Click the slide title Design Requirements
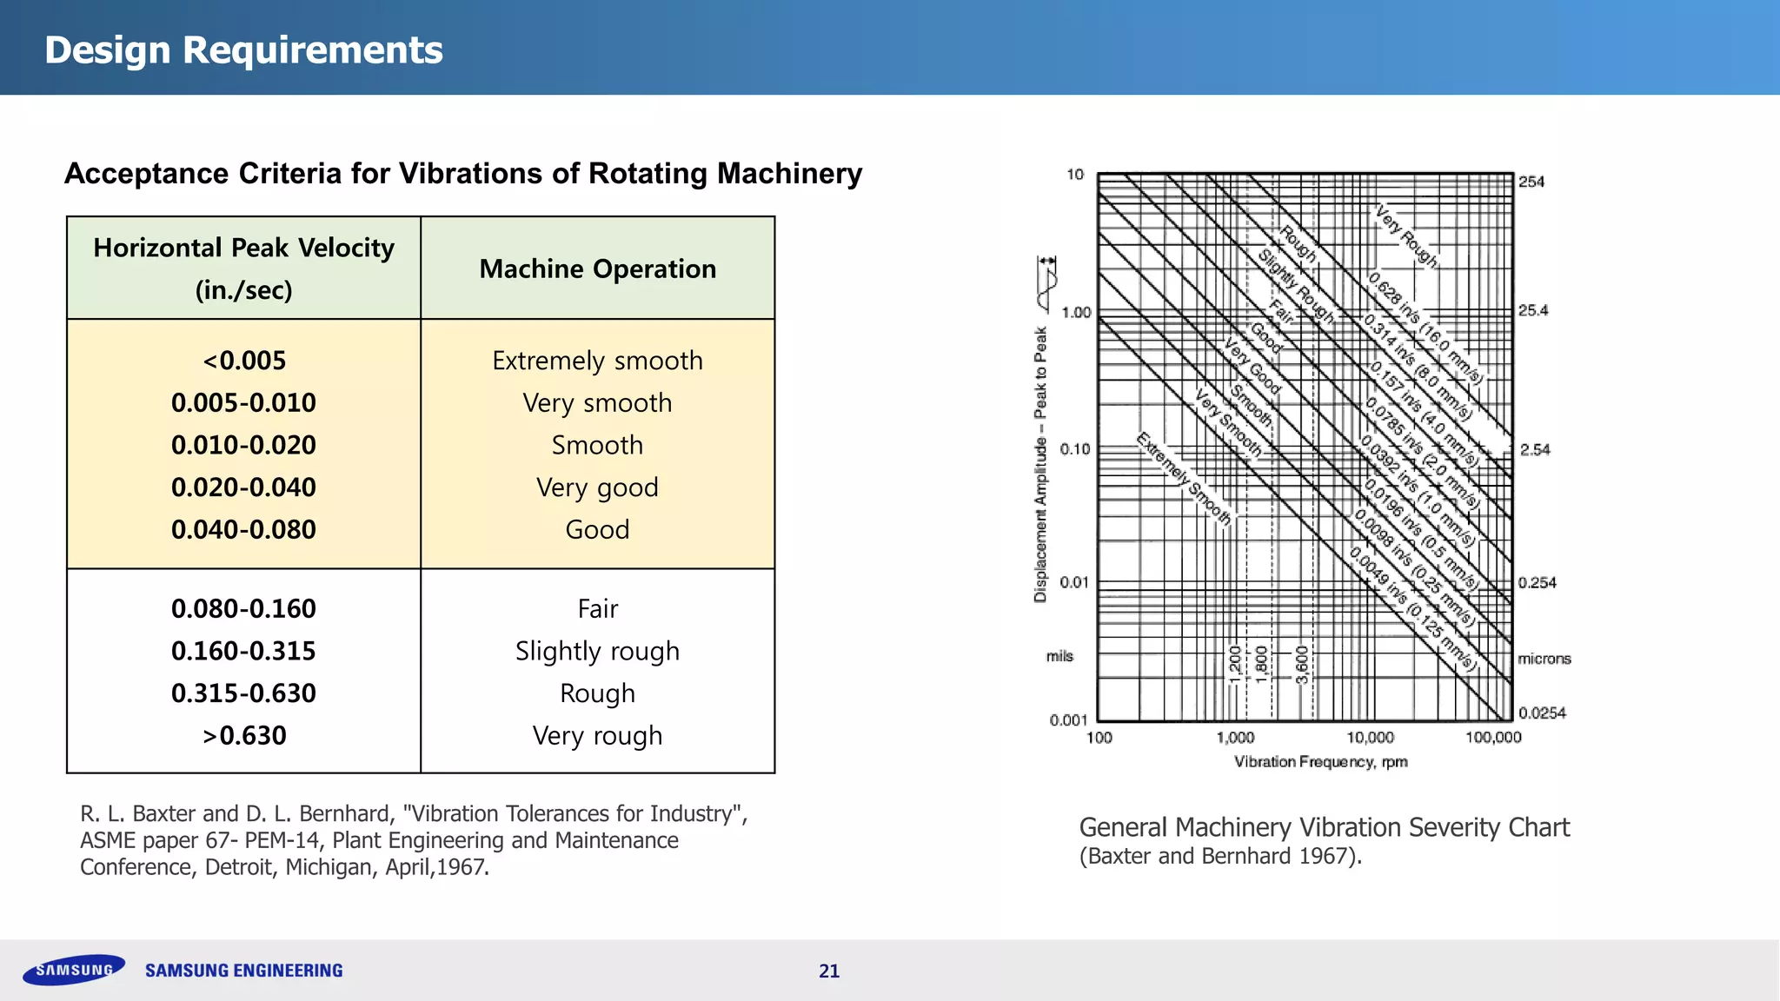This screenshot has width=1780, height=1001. coord(243,50)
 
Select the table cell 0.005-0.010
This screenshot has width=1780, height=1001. coord(243,403)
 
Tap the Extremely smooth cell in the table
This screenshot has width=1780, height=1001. coord(597,361)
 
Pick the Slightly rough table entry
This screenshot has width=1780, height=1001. coord(597,651)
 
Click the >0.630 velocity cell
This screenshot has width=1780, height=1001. coord(243,736)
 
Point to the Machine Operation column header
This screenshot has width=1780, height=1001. coord(597,269)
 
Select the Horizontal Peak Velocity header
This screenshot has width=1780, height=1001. coord(243,249)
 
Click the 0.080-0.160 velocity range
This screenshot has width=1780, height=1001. coord(243,609)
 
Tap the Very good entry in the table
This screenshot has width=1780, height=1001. coord(597,487)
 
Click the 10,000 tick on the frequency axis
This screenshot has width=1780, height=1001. coord(1370,738)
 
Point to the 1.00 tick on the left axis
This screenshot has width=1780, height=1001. coord(1076,313)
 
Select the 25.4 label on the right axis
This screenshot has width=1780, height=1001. coord(1533,310)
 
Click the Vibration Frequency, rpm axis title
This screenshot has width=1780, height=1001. coord(1320,762)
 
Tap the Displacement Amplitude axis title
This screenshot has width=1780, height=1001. coord(1040,464)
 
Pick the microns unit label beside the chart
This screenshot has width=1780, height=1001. coord(1544,659)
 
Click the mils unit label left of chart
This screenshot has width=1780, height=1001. coord(1059,656)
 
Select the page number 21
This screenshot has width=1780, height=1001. coord(829,971)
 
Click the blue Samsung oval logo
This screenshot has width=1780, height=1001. coord(74,970)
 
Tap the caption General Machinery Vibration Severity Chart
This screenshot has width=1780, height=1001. coord(1324,827)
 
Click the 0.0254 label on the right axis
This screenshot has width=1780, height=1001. coord(1542,713)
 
